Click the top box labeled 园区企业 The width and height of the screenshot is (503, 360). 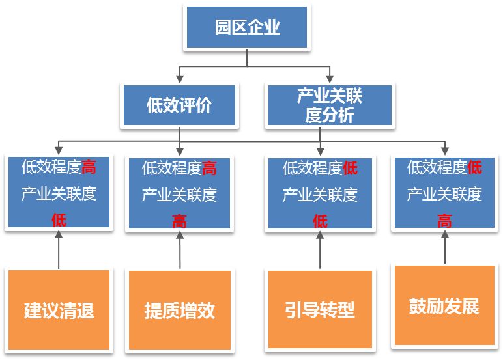[247, 28]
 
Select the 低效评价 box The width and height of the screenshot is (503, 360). [179, 105]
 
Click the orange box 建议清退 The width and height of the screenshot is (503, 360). [59, 309]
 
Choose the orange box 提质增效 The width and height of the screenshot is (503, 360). [179, 309]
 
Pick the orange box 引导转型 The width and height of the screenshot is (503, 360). [320, 309]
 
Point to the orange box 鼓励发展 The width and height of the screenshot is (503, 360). [444, 305]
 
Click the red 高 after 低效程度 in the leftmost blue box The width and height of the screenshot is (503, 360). [89, 167]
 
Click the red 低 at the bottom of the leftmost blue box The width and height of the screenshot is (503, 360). [59, 219]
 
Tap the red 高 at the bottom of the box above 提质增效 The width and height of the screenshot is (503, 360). [179, 221]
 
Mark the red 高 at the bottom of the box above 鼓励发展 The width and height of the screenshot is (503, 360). [444, 221]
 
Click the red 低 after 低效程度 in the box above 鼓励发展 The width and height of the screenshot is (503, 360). [475, 168]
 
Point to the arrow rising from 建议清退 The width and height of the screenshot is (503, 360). [59, 250]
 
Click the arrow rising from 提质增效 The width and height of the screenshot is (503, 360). [179, 250]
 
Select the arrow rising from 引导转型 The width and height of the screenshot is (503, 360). [320, 250]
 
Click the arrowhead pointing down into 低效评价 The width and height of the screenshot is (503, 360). [179, 79]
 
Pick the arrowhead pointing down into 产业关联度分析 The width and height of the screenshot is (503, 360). [330, 79]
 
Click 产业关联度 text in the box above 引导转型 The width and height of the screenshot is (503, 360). [320, 195]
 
